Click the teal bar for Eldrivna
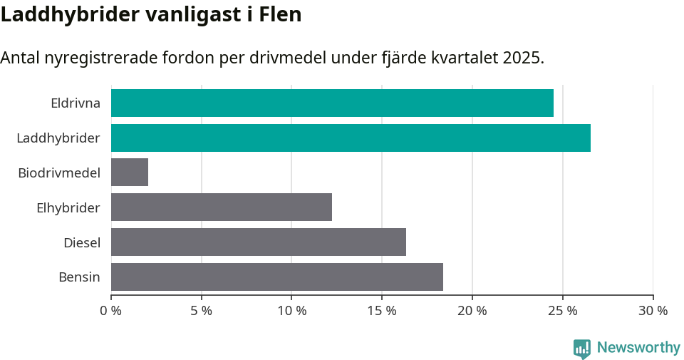332,103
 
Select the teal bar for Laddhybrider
351,138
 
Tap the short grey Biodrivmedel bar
130,173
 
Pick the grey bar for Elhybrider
222,207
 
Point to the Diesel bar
259,242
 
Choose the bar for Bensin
277,277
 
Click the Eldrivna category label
76,103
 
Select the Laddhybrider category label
58,138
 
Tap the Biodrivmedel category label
59,173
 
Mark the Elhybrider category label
68,207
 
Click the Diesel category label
82,242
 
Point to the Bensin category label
79,277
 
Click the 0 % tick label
111,311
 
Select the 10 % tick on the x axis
292,311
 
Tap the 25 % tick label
563,311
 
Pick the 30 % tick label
653,311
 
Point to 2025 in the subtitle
522,58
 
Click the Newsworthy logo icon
582,348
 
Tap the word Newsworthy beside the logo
638,348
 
